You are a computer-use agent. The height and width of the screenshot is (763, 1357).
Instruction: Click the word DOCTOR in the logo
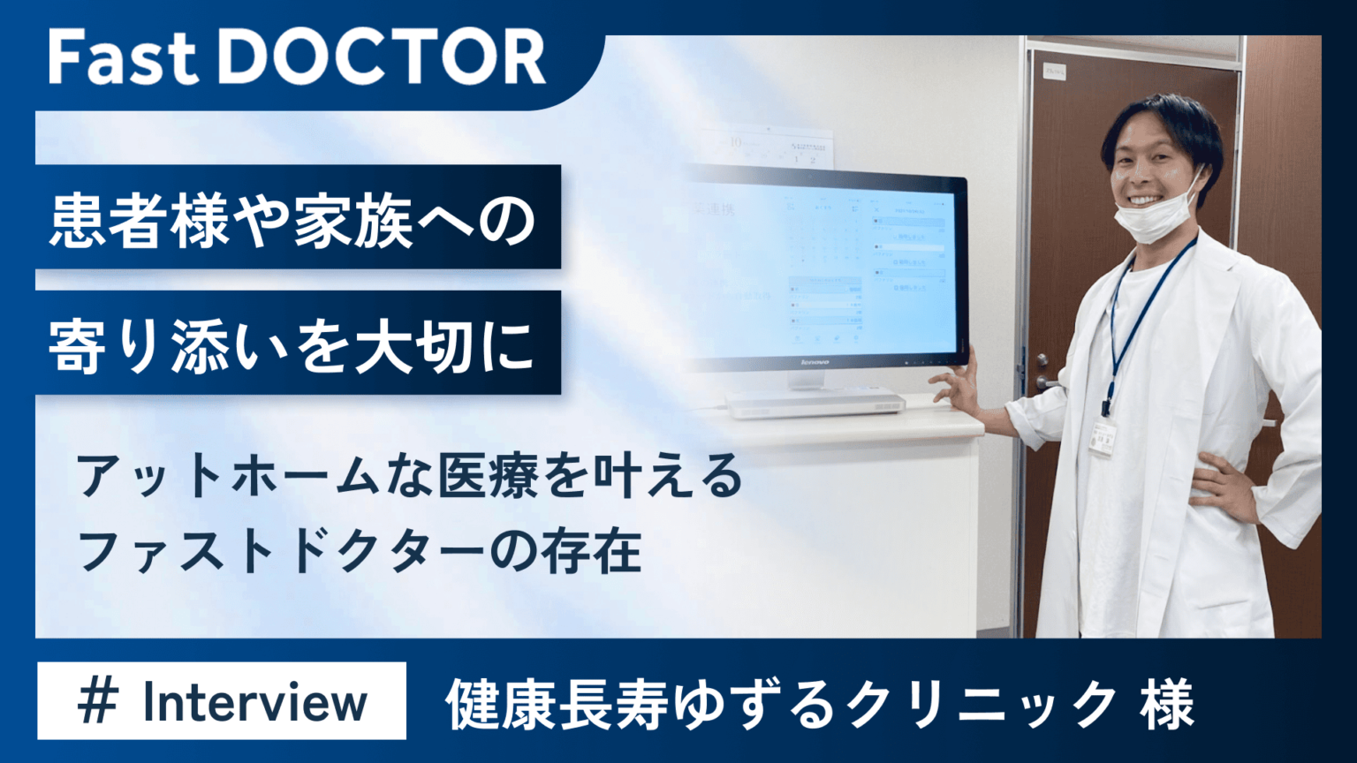point(382,58)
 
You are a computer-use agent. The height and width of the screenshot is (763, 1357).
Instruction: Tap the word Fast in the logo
point(123,58)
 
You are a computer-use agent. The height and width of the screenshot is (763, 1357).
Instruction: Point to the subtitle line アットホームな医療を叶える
point(410,477)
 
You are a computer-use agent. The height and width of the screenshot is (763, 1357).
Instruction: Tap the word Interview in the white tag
point(254,702)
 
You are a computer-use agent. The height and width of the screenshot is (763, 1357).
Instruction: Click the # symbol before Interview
point(97,702)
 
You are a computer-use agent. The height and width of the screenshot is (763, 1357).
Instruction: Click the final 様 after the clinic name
point(1167,705)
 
